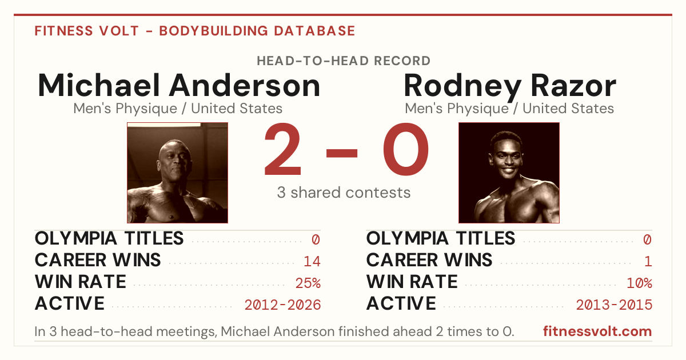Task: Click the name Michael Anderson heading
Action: [179, 85]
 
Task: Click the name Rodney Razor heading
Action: [510, 87]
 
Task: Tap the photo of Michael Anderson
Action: [178, 173]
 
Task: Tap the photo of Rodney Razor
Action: [509, 173]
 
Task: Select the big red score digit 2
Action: [283, 149]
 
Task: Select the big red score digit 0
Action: [406, 149]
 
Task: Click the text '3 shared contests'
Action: [344, 193]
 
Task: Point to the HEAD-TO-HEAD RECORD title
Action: [344, 61]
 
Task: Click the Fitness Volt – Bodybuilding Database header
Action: [195, 31]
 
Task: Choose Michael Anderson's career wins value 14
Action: [312, 262]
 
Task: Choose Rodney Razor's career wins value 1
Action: [648, 262]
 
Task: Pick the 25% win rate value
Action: [308, 283]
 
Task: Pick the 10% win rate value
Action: [640, 283]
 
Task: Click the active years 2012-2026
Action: [282, 305]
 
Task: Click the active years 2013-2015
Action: [614, 305]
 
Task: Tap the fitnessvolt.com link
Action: [597, 331]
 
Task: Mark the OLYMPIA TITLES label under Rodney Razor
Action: [441, 238]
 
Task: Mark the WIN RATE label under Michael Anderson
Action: [81, 282]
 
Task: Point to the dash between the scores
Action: [342, 153]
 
